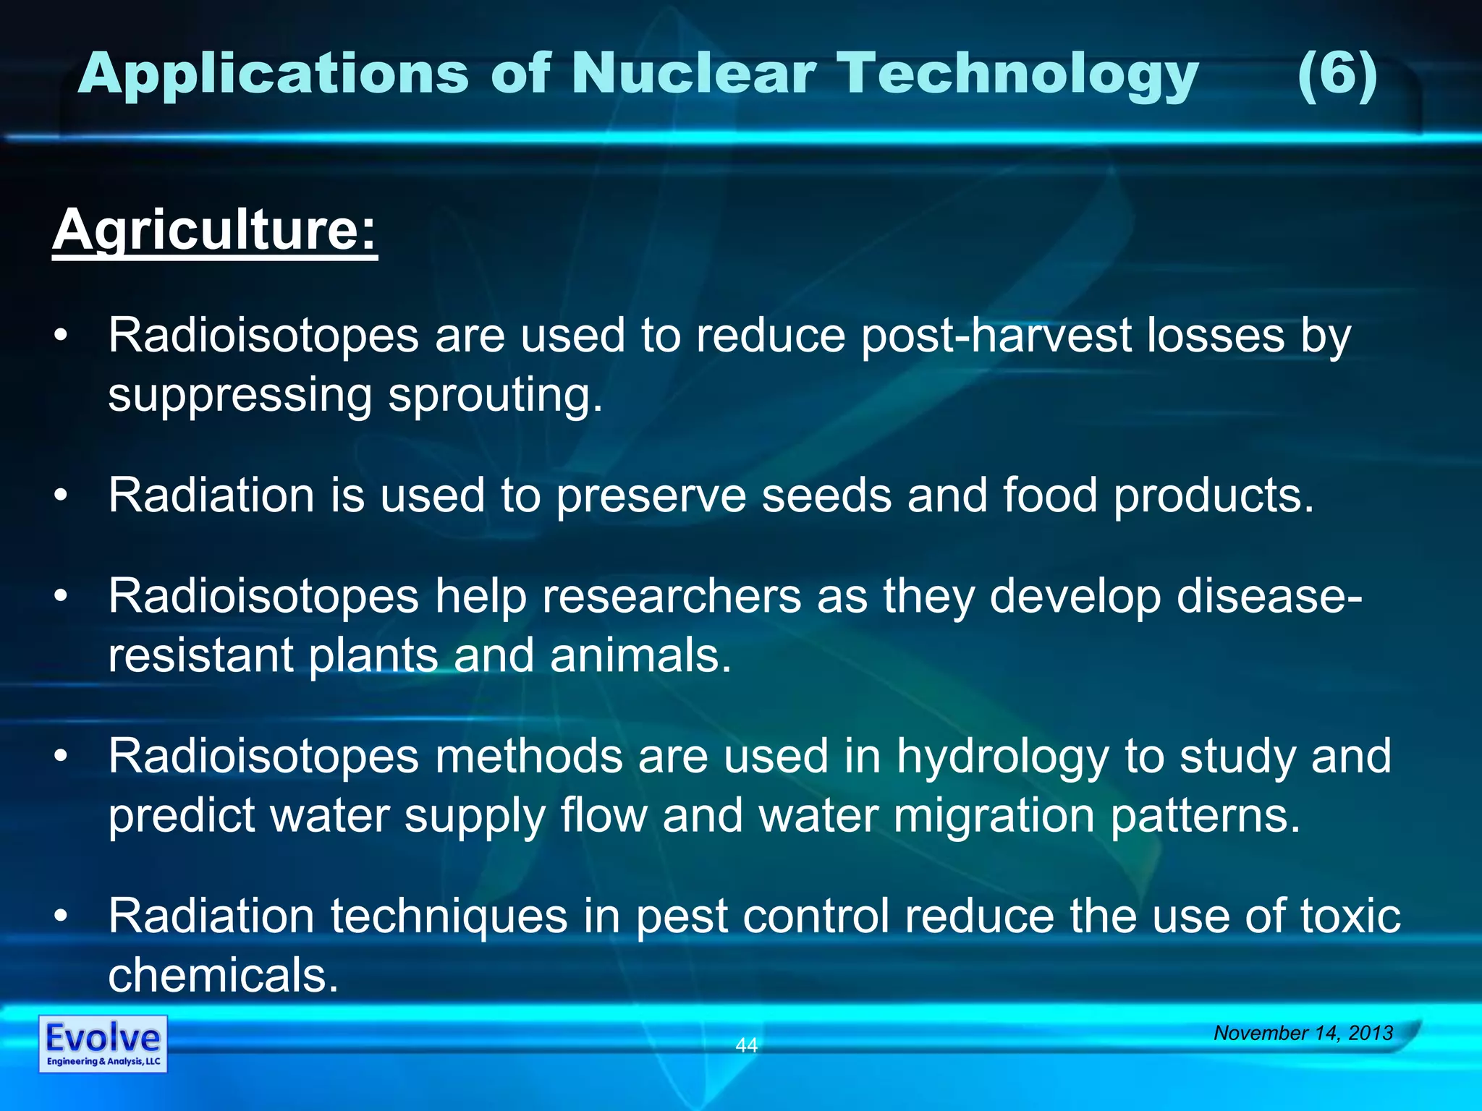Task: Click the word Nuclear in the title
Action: (x=694, y=74)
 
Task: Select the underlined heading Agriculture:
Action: (x=215, y=230)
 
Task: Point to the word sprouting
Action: (x=495, y=396)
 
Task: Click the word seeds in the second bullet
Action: (x=826, y=495)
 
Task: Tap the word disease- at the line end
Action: (x=1269, y=597)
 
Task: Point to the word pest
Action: (x=681, y=916)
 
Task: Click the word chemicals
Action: (x=223, y=976)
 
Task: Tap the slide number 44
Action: (x=746, y=1045)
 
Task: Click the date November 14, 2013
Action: (x=1303, y=1033)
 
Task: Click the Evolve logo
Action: (x=103, y=1044)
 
